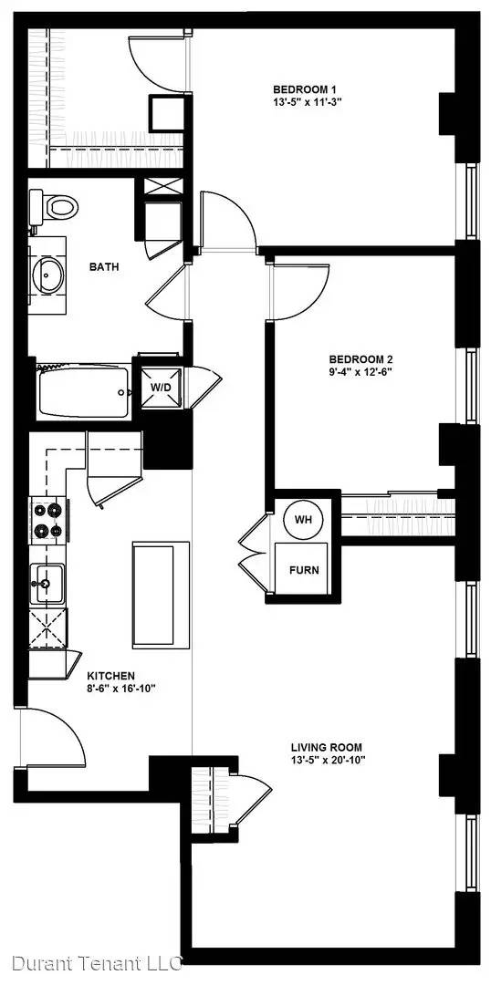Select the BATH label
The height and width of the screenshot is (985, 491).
pyautogui.click(x=104, y=267)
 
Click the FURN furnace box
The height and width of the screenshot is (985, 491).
pyautogui.click(x=304, y=569)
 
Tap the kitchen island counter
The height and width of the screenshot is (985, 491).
pyautogui.click(x=161, y=595)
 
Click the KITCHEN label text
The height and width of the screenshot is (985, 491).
pyautogui.click(x=110, y=676)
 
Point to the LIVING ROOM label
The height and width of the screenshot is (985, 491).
pyautogui.click(x=327, y=748)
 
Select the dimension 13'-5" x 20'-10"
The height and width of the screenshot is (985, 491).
pyautogui.click(x=329, y=760)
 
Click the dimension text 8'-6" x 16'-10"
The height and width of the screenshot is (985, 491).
pyautogui.click(x=121, y=688)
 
